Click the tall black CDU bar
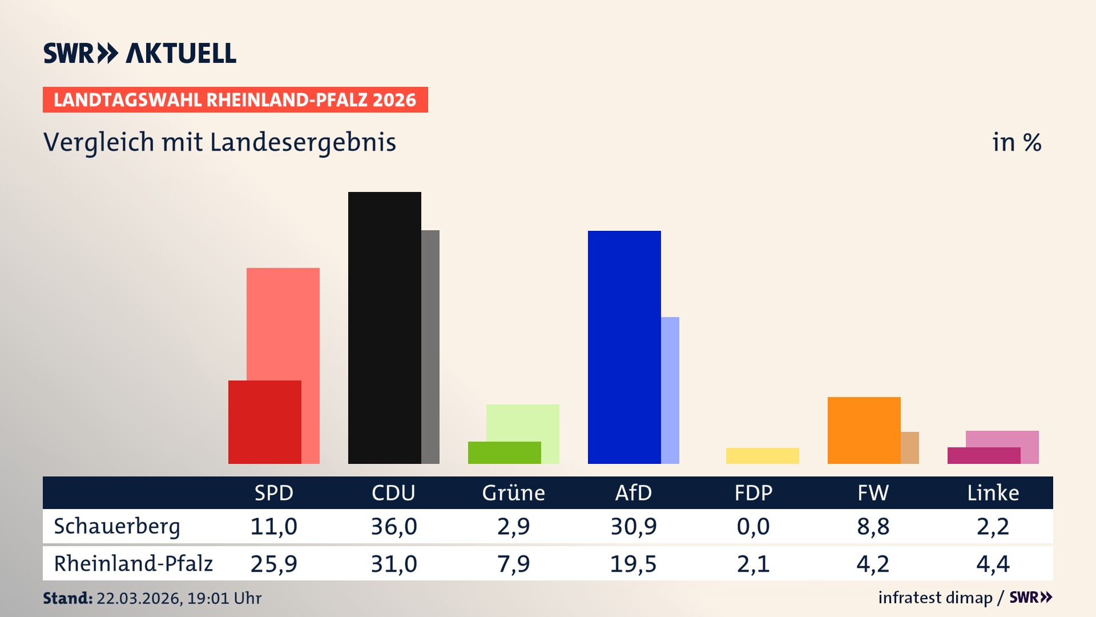click(x=384, y=327)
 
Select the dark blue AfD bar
click(x=624, y=347)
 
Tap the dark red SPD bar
click(x=264, y=422)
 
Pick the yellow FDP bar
click(x=762, y=455)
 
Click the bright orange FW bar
click(x=864, y=430)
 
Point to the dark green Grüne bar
click(x=504, y=452)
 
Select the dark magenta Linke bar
click(x=984, y=455)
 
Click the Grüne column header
click(x=513, y=492)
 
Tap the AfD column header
click(x=633, y=492)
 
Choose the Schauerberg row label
click(x=117, y=526)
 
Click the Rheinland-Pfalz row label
click(x=133, y=563)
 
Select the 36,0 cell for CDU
click(x=394, y=526)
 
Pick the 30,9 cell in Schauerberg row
click(x=633, y=526)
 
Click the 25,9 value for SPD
click(x=273, y=563)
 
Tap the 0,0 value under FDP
click(x=753, y=526)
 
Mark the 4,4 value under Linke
click(x=993, y=563)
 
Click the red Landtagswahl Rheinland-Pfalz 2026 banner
click(x=235, y=99)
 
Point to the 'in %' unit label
click(x=1016, y=142)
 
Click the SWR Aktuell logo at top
click(x=140, y=53)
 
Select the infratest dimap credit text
click(x=935, y=598)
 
